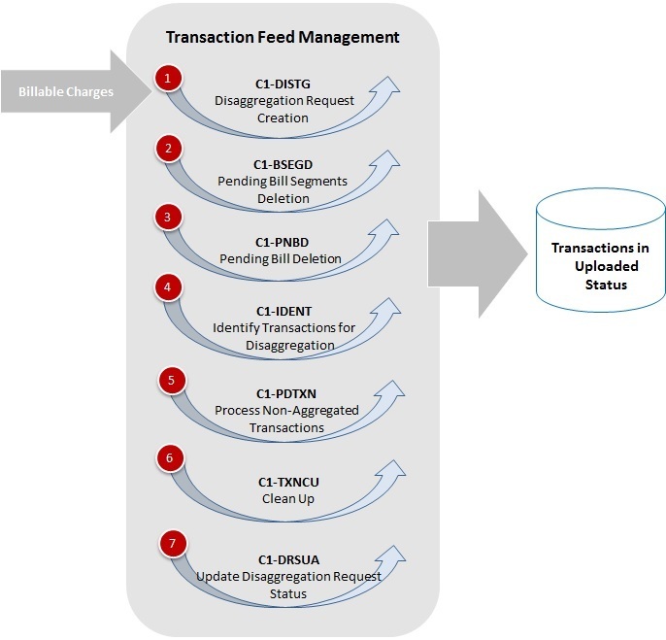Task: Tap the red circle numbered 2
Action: pos(169,149)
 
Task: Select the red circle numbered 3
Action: pos(168,218)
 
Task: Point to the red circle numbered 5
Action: pos(171,381)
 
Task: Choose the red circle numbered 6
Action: pos(169,455)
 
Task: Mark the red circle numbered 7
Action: pos(172,545)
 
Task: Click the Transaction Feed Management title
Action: pos(283,38)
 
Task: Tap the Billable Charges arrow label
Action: pos(65,92)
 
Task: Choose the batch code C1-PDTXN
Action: pos(286,393)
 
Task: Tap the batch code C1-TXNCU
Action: pos(284,483)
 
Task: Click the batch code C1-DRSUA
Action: pos(288,559)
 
